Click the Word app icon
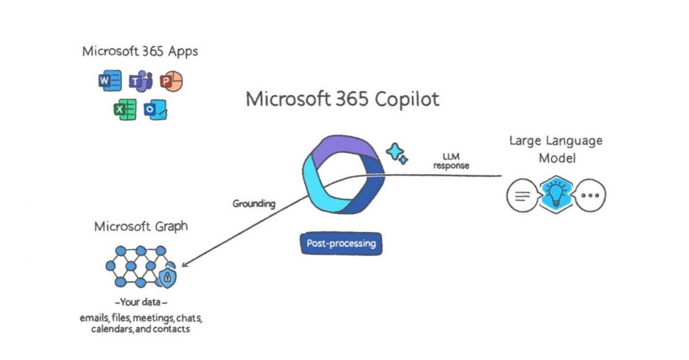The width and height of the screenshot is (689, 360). pos(110,81)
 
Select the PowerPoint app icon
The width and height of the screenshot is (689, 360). pos(171,82)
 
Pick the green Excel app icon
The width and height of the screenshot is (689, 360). pos(124,109)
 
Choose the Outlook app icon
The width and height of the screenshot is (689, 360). pos(155,109)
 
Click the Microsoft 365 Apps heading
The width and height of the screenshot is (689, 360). pos(140,51)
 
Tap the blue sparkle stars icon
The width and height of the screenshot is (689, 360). pos(396,153)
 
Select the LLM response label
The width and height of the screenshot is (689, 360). pos(451,161)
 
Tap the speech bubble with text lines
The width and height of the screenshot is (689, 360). pos(521,195)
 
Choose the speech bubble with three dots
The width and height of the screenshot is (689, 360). pos(590,195)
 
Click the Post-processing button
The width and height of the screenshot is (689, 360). pos(341,243)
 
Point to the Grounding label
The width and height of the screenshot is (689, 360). pos(253,204)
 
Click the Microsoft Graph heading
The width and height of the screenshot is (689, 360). pos(141,226)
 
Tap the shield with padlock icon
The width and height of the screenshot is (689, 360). pos(167,277)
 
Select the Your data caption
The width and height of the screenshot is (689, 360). pos(141,302)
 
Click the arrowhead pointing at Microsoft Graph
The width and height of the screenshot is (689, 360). pos(184,265)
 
